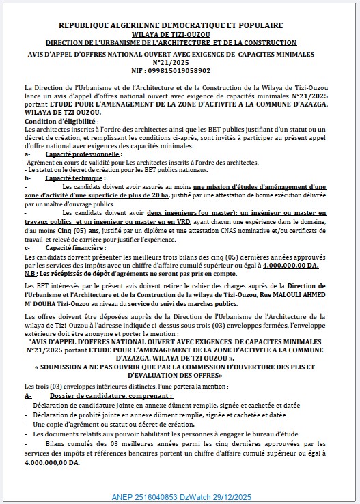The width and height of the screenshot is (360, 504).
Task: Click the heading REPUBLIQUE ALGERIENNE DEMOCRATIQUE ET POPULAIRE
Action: (180, 25)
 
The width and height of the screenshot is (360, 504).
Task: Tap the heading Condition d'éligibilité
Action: (60, 121)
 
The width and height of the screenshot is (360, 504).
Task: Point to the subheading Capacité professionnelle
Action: (80, 155)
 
